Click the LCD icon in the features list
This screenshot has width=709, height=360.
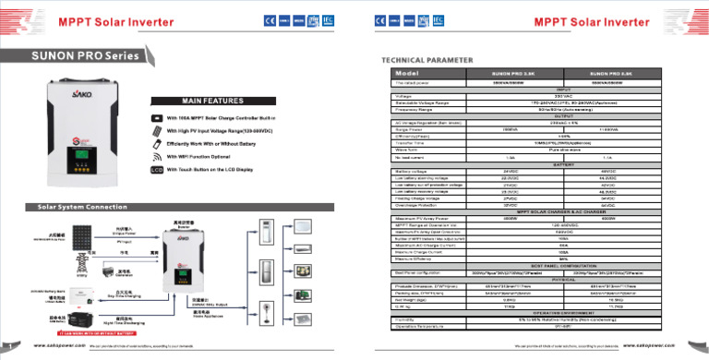tap(156, 170)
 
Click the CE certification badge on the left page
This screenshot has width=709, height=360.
tap(269, 19)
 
